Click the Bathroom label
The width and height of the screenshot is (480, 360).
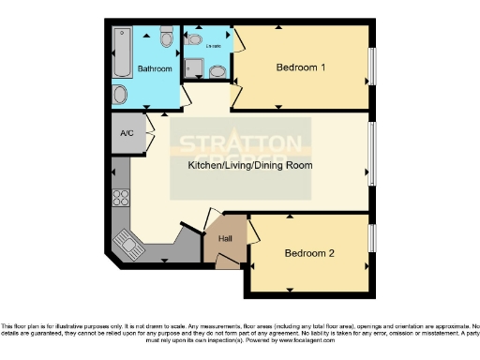155,68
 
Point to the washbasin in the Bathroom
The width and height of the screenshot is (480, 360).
120,95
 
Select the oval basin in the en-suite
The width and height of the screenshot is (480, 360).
217,70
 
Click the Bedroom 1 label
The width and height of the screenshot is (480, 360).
300,67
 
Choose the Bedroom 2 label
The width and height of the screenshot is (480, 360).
309,253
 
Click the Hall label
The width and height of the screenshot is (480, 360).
225,239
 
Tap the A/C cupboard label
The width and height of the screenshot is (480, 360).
126,133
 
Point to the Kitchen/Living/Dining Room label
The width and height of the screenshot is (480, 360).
249,165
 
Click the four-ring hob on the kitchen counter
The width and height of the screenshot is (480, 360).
120,198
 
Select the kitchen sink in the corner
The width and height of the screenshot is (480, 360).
126,247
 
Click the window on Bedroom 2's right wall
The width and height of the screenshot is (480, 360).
371,240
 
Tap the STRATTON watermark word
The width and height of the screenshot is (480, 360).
241,145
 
